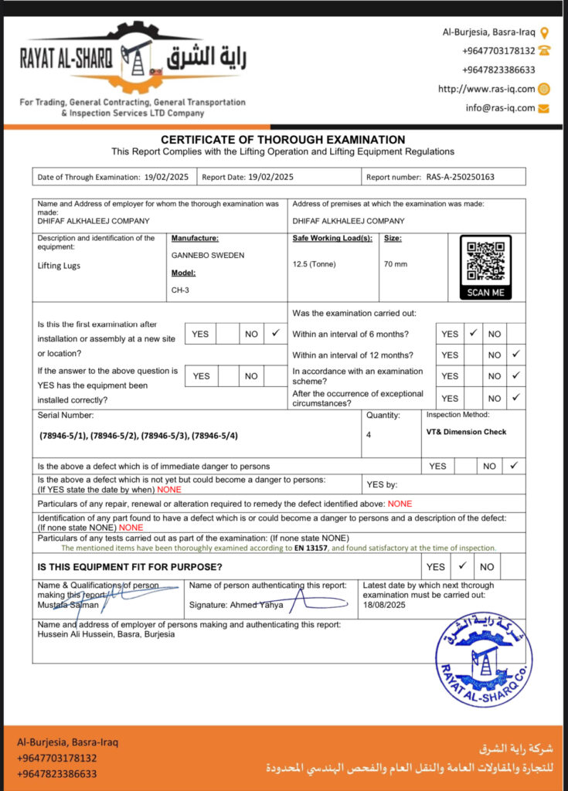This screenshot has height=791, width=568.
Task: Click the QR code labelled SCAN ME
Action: pos(485,262)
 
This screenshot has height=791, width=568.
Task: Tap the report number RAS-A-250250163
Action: pos(460,177)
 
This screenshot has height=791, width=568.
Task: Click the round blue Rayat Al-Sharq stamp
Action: pos(484,659)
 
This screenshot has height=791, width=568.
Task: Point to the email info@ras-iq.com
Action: pos(500,108)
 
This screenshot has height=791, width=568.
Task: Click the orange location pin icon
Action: pos(545,32)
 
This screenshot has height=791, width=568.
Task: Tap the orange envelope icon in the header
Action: pos(544,108)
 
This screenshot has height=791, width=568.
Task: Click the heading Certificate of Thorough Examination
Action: pos(283,140)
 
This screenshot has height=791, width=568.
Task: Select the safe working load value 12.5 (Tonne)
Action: pos(315,264)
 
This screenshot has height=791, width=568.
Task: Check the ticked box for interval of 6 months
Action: pos(473,334)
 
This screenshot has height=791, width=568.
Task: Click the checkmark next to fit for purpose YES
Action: pos(462,565)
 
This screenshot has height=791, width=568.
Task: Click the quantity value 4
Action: pos(369,435)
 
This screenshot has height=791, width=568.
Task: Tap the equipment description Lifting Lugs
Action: pos(59,265)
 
